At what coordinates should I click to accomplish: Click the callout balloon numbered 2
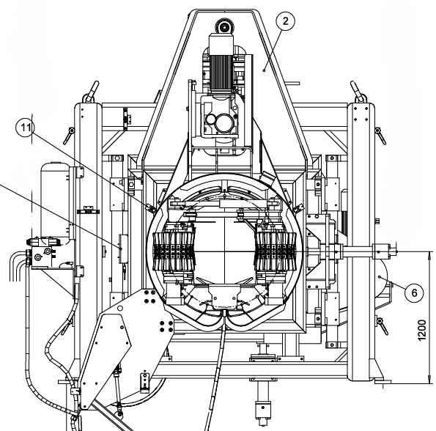[286, 21]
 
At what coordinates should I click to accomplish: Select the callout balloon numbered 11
[25, 128]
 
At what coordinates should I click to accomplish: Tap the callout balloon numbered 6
[414, 292]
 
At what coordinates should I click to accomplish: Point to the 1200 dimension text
[422, 331]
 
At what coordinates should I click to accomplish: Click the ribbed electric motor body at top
[221, 72]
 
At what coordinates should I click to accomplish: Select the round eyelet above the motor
[224, 27]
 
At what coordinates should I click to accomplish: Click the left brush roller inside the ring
[174, 251]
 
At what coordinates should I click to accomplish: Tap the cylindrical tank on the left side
[56, 201]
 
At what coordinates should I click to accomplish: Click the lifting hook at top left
[91, 92]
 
